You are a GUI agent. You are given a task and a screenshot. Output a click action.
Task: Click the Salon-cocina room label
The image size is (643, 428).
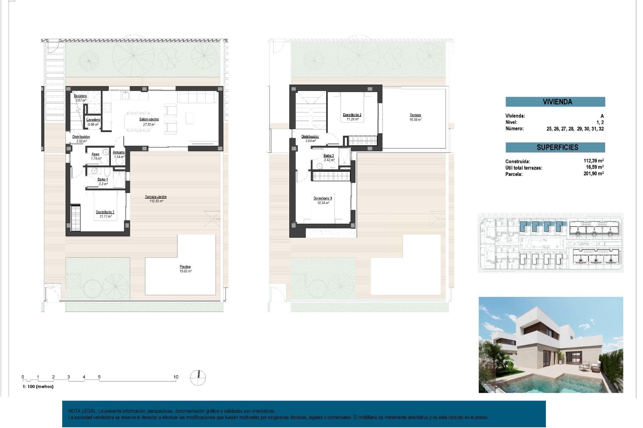(x=149, y=119)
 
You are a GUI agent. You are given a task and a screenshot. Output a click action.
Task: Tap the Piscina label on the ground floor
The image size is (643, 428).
(x=185, y=267)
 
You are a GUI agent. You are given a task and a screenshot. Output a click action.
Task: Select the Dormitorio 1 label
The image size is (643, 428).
(x=105, y=212)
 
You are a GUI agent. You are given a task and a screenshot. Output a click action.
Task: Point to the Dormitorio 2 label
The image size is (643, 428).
(x=352, y=115)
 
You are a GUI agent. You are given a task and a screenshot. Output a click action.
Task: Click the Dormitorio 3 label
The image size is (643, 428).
(x=323, y=199)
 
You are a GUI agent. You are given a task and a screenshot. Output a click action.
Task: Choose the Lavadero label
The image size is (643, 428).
(x=93, y=120)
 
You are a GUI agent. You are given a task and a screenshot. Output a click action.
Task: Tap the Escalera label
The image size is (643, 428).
(x=80, y=96)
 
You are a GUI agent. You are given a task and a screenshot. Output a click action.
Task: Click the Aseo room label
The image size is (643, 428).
(x=95, y=154)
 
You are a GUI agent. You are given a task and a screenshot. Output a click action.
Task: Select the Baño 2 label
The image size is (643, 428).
(x=329, y=155)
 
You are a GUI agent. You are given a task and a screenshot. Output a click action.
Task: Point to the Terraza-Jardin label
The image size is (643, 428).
(x=156, y=197)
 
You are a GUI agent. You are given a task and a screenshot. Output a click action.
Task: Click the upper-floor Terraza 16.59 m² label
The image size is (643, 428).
(x=415, y=115)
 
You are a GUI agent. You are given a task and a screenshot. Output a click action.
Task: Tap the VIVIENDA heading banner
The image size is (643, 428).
(x=555, y=102)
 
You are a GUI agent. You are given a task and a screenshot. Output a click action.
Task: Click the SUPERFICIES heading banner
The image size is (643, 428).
(x=555, y=147)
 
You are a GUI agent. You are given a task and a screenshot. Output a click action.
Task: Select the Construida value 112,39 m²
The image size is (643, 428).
(x=593, y=161)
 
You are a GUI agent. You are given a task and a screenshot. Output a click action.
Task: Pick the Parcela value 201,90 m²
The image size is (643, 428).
(x=593, y=174)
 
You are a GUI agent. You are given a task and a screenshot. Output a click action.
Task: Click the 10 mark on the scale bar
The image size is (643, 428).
(x=176, y=377)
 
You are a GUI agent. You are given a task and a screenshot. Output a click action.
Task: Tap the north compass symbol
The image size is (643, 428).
(x=198, y=378)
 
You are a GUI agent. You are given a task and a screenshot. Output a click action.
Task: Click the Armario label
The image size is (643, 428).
(x=119, y=152)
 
